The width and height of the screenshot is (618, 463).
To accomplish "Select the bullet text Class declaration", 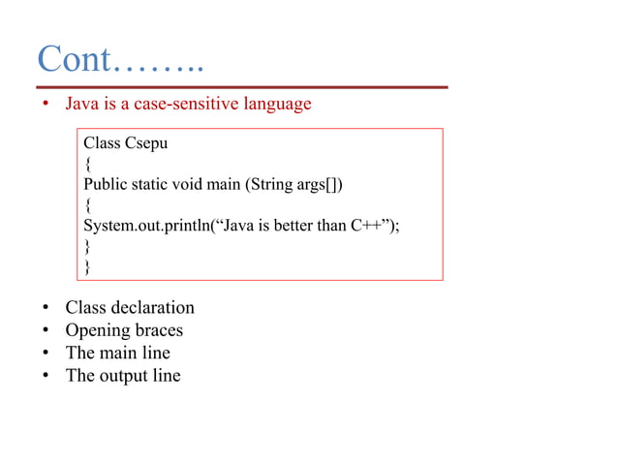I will point(129,308).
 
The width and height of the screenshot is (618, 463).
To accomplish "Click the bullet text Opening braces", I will point(124,330).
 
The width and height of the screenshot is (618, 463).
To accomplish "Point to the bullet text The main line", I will point(117,353).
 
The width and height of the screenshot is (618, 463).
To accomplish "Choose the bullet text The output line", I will point(122,376).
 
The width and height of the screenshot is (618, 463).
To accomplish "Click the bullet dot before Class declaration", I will point(45,309).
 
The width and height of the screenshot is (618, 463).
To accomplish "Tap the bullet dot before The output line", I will point(45,377).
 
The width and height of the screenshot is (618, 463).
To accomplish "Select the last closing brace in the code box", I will point(88,265).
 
